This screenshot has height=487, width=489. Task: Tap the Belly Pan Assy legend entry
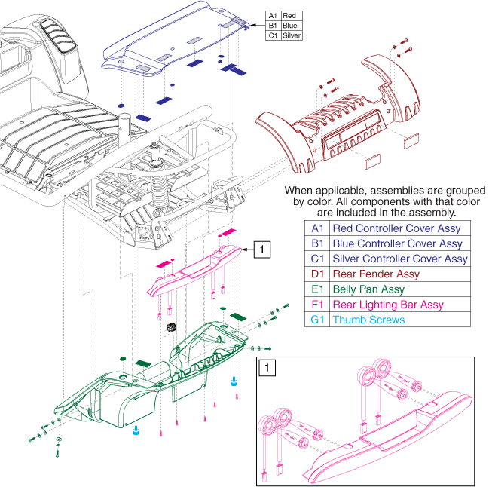(368, 289)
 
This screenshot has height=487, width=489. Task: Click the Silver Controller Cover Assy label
(399, 259)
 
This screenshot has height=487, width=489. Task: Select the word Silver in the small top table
(292, 35)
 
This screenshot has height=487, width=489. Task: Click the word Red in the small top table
(289, 15)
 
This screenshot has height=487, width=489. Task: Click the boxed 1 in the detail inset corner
(266, 369)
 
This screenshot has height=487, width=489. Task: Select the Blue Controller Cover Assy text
(397, 244)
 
